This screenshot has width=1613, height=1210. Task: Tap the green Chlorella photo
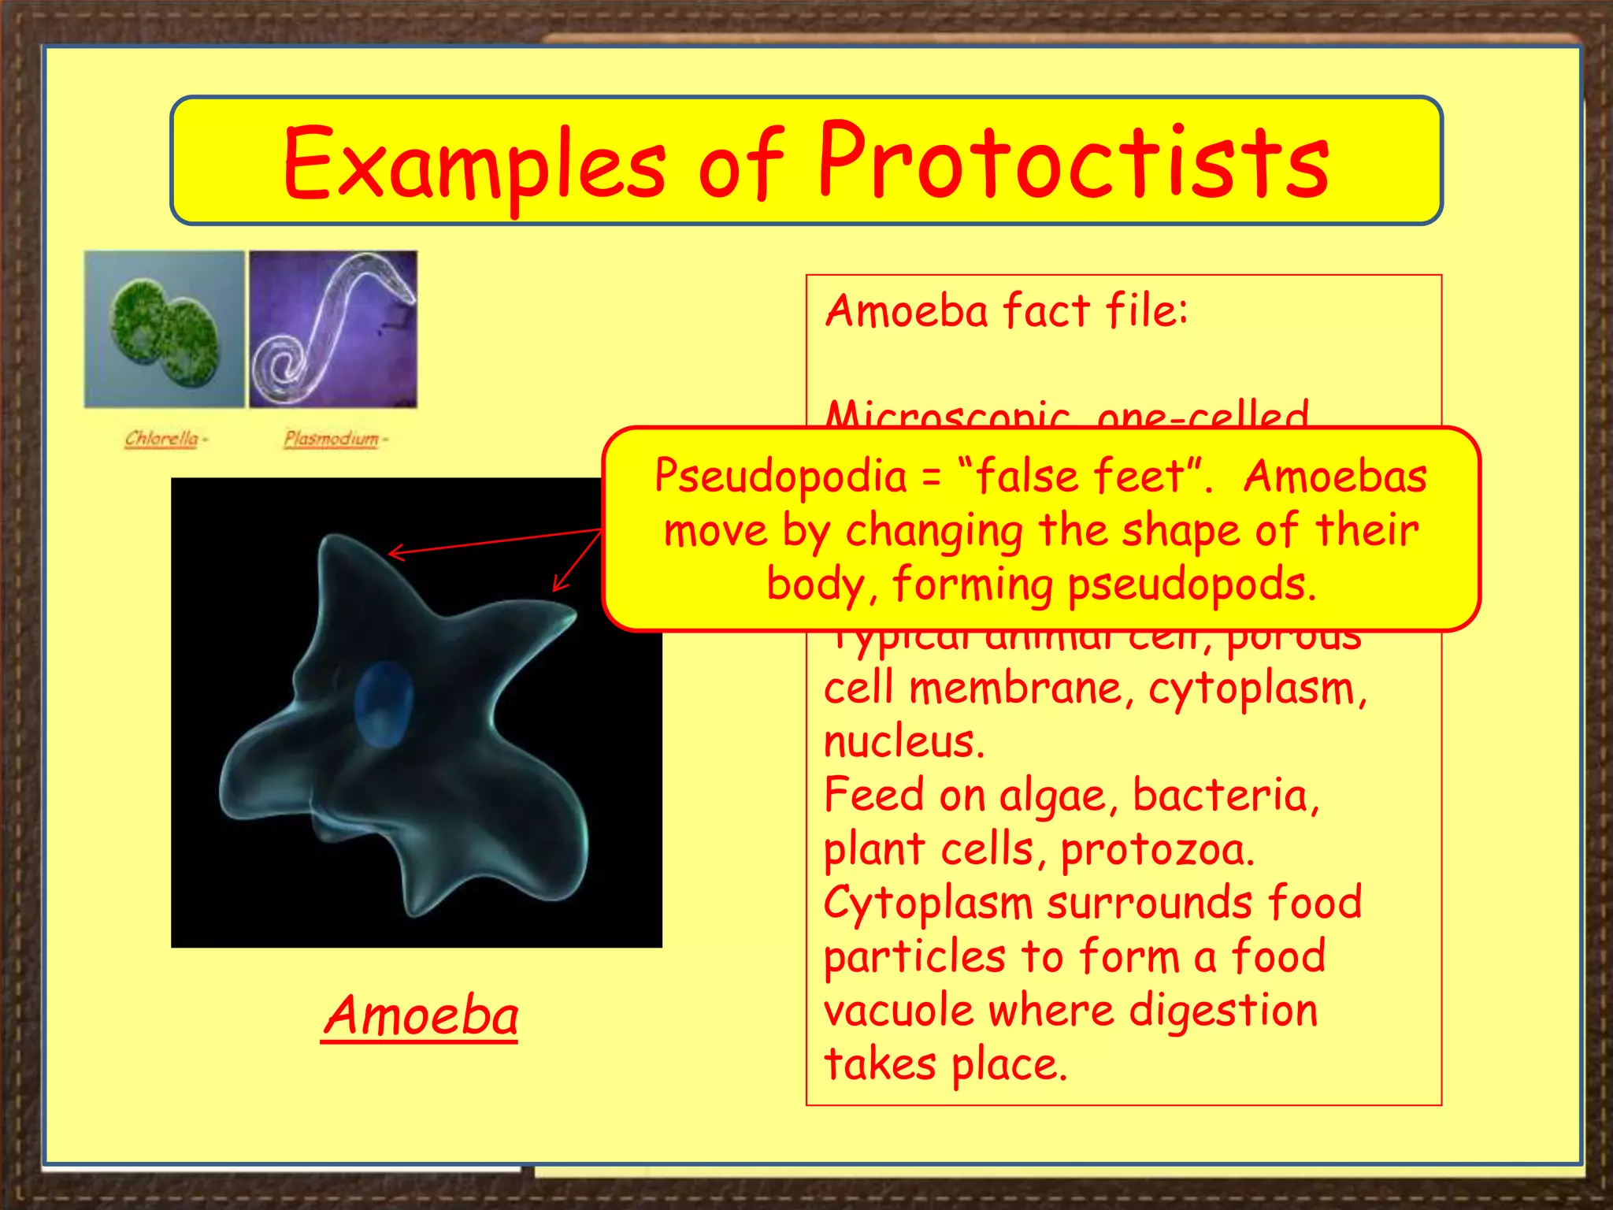(164, 329)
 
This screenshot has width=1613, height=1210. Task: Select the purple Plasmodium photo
(333, 329)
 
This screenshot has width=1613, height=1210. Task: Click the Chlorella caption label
(162, 438)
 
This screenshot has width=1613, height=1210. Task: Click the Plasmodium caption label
(332, 438)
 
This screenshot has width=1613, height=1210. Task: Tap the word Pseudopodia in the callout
(781, 477)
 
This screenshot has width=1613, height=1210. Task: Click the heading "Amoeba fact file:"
(1006, 310)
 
